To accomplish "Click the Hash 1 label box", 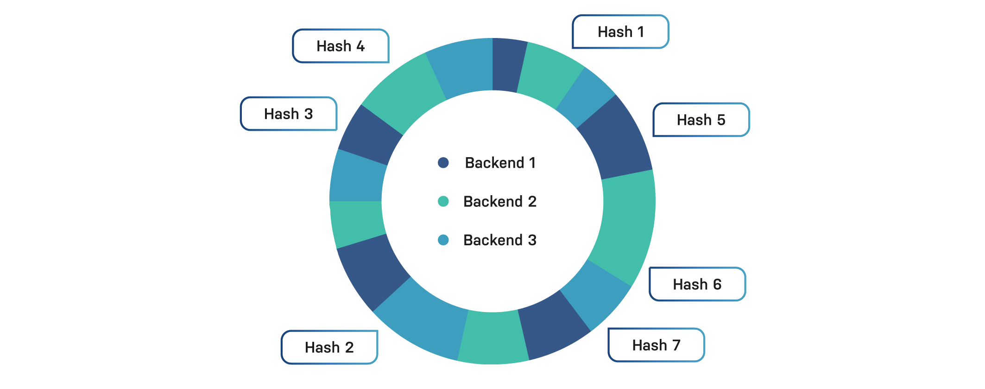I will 620,32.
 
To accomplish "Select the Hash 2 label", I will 329,347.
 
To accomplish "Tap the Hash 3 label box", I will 289,114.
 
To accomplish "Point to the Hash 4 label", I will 341,46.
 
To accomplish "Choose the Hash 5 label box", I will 701,120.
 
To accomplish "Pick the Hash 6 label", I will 697,284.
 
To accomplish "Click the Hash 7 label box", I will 656,345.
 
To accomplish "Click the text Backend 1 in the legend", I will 500,163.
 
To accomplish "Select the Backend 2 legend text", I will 500,201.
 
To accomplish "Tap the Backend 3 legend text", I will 500,240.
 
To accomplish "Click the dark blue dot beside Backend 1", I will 443,162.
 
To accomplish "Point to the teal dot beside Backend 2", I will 443,201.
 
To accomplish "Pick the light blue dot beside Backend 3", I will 443,240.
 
